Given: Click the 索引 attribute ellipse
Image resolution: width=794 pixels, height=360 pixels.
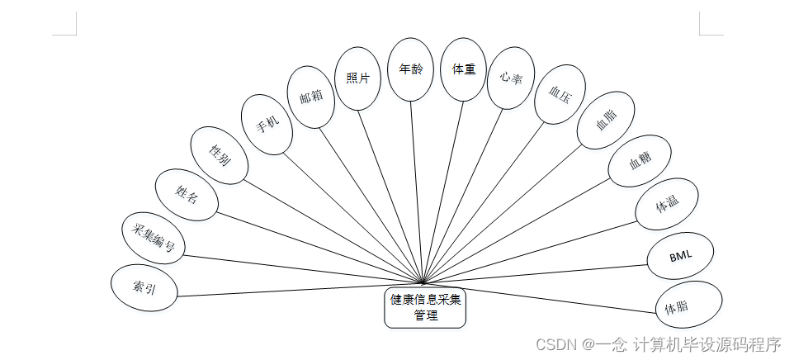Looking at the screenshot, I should pyautogui.click(x=144, y=287).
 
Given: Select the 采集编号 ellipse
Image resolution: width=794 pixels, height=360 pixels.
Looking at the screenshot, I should pyautogui.click(x=154, y=236).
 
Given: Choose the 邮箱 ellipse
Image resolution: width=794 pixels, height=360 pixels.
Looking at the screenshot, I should pyautogui.click(x=311, y=97).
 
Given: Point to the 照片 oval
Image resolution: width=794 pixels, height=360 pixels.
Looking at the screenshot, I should pyautogui.click(x=358, y=78).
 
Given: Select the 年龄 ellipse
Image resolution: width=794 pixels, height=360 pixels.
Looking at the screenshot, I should pyautogui.click(x=411, y=69).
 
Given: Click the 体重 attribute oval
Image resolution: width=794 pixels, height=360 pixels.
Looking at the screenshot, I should pyautogui.click(x=464, y=69).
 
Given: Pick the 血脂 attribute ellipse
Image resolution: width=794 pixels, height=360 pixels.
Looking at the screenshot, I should pyautogui.click(x=605, y=121).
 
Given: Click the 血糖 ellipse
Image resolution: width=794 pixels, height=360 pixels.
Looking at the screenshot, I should pyautogui.click(x=640, y=163).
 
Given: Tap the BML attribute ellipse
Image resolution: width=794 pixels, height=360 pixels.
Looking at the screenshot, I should pyautogui.click(x=681, y=256).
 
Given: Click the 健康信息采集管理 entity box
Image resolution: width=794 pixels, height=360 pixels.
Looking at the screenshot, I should pyautogui.click(x=425, y=306).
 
